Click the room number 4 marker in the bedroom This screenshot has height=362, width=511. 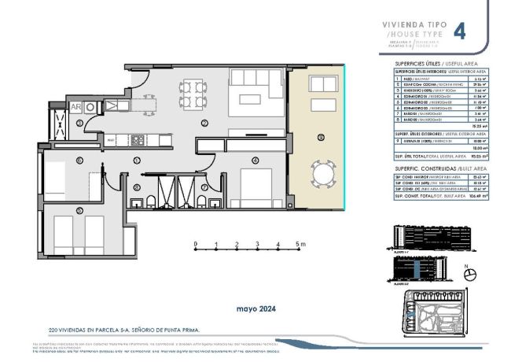pyautogui.click(x=256, y=160)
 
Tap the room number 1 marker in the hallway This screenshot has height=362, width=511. pyautogui.click(x=136, y=160)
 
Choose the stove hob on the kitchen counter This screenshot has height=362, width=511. pyautogui.click(x=138, y=140)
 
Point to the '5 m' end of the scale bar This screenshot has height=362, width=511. pyautogui.click(x=301, y=244)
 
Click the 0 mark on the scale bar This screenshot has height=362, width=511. pyautogui.click(x=196, y=244)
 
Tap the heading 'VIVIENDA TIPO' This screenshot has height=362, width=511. pyautogui.click(x=414, y=24)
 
